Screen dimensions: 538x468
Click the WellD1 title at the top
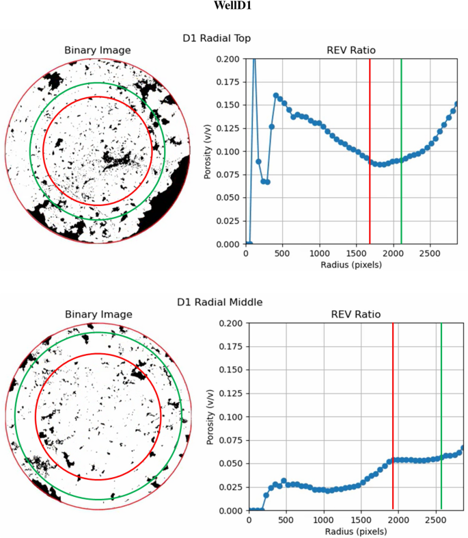click(x=233, y=8)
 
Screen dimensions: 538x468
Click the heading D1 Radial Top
click(x=234, y=38)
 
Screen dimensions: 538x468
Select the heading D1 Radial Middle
click(x=234, y=302)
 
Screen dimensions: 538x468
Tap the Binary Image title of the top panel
click(x=97, y=50)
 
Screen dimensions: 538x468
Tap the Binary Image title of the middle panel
click(x=97, y=314)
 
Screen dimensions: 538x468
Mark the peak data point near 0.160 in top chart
click(x=276, y=96)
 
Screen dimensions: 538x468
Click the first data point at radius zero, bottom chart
click(x=249, y=510)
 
